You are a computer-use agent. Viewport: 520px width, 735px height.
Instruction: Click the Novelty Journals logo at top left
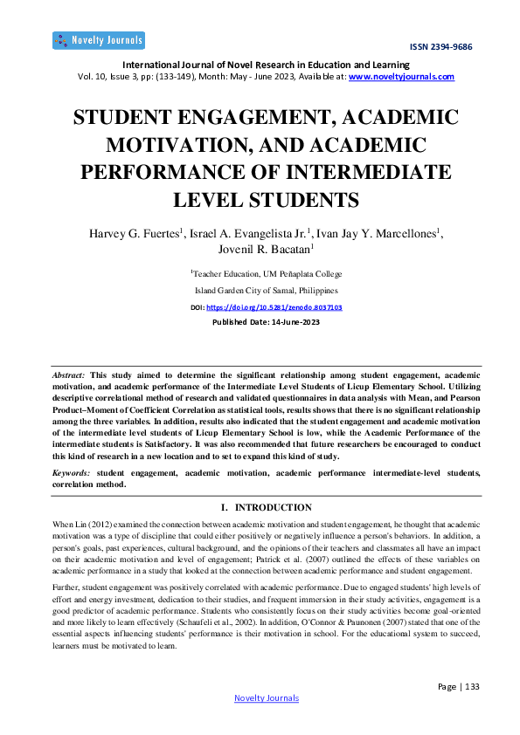98,40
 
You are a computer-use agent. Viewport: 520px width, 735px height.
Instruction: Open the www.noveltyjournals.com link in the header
401,77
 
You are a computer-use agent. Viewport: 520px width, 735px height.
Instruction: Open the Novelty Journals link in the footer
267,697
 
